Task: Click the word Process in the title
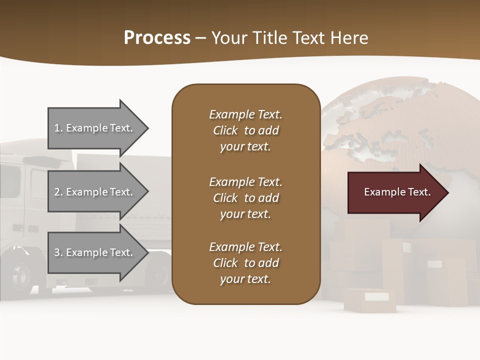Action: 157,38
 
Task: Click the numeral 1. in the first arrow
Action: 58,128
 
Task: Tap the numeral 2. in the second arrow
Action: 58,192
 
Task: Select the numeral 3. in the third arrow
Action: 58,252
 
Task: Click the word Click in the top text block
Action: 225,130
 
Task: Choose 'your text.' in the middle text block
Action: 245,214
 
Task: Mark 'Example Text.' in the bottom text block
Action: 245,247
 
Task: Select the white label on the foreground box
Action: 376,296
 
